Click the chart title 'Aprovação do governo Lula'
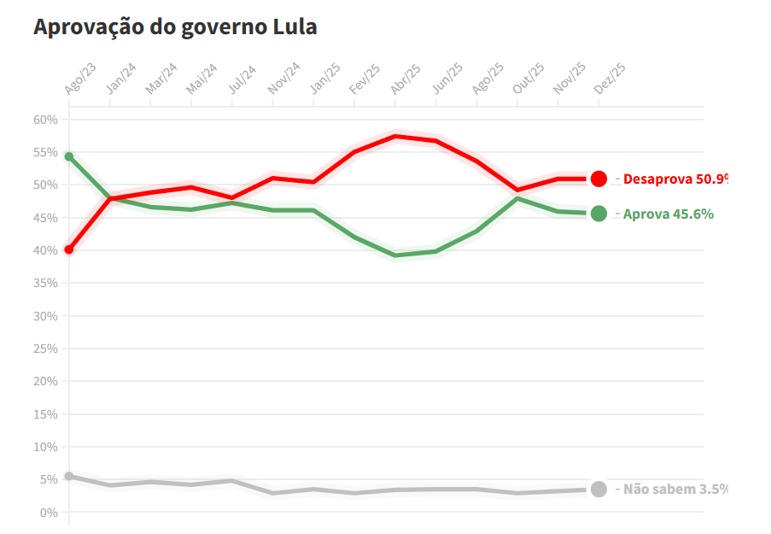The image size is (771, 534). point(175,26)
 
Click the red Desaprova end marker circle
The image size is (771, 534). point(599,179)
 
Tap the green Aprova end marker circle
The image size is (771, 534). point(599,214)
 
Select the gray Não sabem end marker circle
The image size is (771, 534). point(599,490)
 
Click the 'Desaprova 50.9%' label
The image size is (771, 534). point(675,179)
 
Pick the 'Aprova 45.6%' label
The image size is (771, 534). point(668,214)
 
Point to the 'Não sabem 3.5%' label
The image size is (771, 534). point(675,490)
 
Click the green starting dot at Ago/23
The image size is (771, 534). point(69,156)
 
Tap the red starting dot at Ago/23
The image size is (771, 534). point(69,249)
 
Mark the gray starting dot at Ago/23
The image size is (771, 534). point(69,476)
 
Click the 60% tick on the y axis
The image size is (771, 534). point(45,120)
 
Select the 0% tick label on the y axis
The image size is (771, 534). point(49,513)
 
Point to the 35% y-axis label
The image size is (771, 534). point(45,283)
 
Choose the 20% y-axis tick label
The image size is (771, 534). point(45,381)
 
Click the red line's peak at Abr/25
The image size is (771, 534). point(394,136)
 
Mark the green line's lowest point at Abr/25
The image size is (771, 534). point(394,255)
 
